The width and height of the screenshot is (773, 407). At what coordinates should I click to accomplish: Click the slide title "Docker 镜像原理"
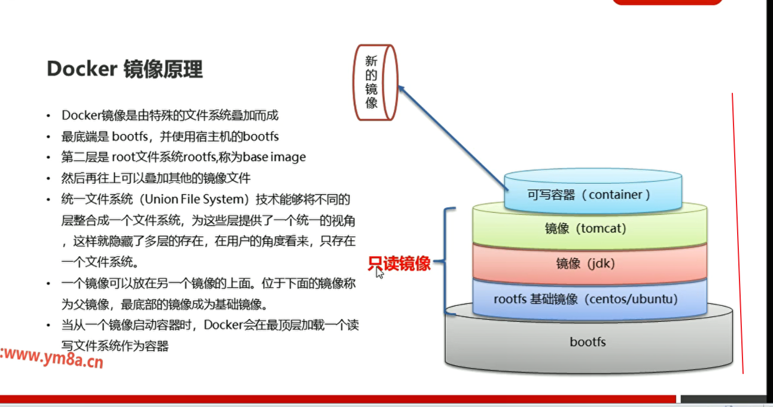[124, 69]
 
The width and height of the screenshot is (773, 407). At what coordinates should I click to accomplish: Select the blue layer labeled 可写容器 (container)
[593, 194]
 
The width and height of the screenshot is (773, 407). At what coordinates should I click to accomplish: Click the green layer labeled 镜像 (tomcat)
[589, 228]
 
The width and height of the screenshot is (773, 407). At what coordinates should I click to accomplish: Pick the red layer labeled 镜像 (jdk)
[589, 263]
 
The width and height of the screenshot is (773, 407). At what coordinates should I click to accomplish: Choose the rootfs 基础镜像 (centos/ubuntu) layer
[589, 299]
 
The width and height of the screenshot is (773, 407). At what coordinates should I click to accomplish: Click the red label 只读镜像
[399, 263]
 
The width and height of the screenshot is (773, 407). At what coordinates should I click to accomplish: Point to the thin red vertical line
[738, 233]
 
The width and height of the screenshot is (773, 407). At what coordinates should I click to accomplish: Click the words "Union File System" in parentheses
[194, 199]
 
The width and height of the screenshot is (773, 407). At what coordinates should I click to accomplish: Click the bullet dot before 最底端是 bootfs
[48, 137]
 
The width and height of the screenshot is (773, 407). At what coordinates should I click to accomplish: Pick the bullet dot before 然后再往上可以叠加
[48, 179]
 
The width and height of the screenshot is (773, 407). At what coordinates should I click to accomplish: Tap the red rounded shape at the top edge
[667, 2]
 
